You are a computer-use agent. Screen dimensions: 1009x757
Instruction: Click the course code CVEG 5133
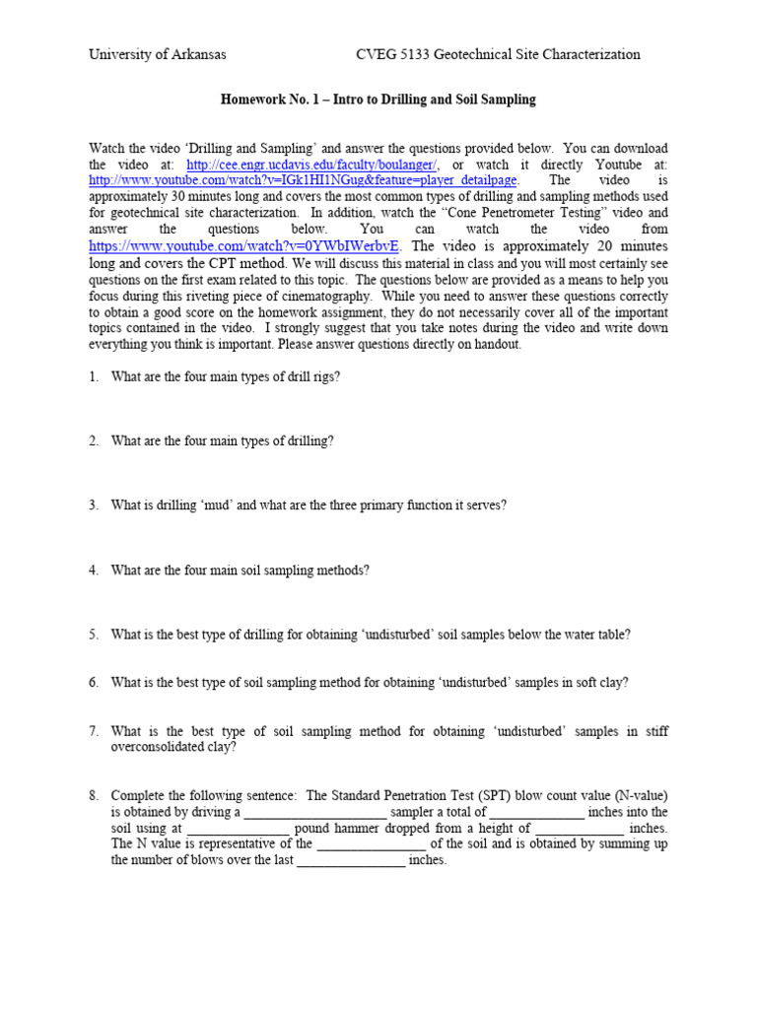393,55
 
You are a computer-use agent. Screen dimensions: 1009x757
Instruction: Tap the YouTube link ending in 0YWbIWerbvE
243,246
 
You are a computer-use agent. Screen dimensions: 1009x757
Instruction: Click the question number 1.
94,376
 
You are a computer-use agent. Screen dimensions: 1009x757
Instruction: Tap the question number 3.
94,505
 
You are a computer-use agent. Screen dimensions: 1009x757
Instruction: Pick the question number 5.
94,635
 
